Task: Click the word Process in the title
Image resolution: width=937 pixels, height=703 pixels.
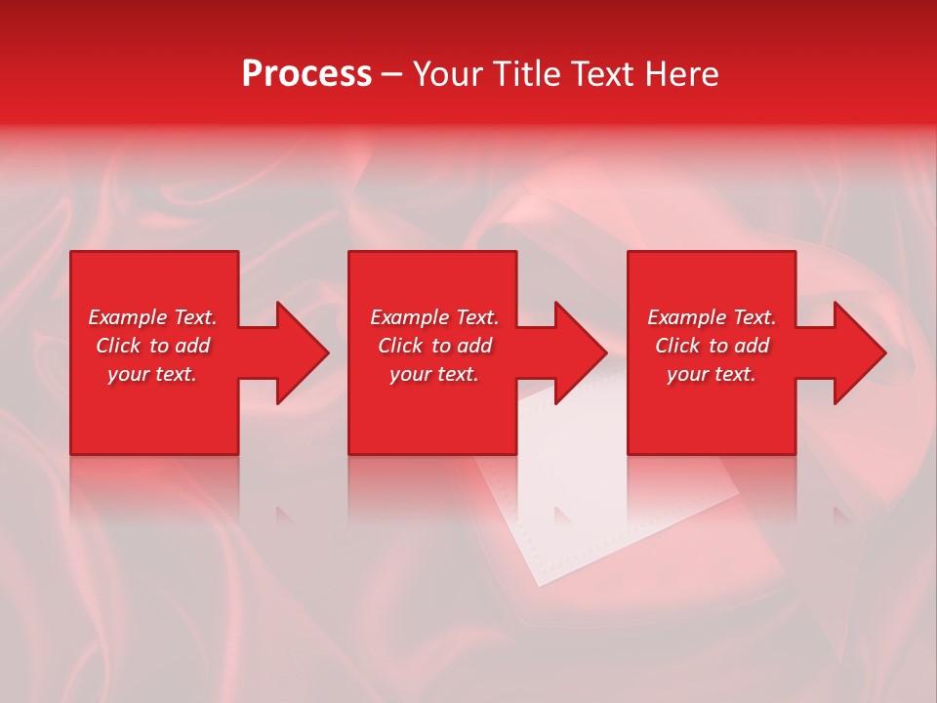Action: pyautogui.click(x=306, y=74)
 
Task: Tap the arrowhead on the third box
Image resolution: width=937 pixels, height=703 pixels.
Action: pyautogui.click(x=853, y=352)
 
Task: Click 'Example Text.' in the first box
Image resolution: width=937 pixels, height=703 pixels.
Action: pyautogui.click(x=152, y=317)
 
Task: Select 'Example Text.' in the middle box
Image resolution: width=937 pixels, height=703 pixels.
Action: pyautogui.click(x=434, y=317)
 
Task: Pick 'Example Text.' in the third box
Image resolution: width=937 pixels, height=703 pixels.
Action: pyautogui.click(x=712, y=317)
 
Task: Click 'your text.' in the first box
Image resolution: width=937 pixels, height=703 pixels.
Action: pyautogui.click(x=152, y=374)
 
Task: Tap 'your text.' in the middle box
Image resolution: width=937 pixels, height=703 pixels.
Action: pyautogui.click(x=434, y=374)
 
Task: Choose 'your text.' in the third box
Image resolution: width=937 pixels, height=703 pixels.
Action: pyautogui.click(x=712, y=374)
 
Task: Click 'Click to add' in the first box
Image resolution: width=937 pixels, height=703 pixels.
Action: pyautogui.click(x=152, y=346)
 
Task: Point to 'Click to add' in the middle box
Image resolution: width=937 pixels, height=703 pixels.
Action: pyautogui.click(x=434, y=346)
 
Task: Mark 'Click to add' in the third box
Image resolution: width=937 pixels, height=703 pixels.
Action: pyautogui.click(x=712, y=346)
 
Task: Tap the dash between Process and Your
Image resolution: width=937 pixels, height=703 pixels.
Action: pyautogui.click(x=391, y=75)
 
